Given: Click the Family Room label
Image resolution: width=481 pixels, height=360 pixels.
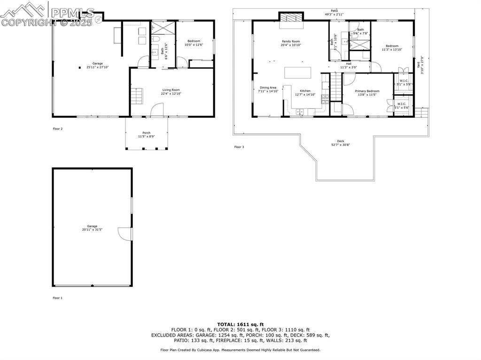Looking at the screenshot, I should (x=291, y=41).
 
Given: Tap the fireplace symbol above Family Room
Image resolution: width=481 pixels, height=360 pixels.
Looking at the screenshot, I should (x=290, y=17).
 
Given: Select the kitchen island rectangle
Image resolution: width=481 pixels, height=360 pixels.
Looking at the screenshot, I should (x=298, y=73).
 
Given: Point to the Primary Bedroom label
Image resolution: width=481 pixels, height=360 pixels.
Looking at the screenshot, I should (x=367, y=91).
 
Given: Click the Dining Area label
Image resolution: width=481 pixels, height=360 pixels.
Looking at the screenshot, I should (x=268, y=87).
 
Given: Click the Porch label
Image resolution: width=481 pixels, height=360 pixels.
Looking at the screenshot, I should (x=147, y=133).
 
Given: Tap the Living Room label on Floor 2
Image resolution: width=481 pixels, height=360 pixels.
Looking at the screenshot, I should (x=171, y=90).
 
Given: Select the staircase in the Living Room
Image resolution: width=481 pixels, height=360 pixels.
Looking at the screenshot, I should (x=136, y=98).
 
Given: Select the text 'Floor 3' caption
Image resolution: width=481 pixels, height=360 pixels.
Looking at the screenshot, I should (x=239, y=147).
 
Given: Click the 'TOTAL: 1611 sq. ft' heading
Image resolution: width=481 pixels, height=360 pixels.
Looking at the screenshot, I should (x=240, y=324).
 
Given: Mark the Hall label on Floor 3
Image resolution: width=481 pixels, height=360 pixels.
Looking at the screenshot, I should (x=349, y=64).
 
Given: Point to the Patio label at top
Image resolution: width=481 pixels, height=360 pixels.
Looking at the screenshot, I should (x=334, y=10).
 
